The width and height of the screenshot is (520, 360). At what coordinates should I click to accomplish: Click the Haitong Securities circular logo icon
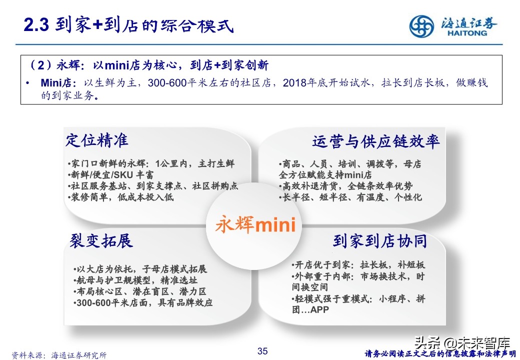coord(422,26)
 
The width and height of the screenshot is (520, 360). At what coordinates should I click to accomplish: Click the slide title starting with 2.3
coord(129,25)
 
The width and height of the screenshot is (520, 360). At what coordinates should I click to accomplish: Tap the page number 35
coord(262,351)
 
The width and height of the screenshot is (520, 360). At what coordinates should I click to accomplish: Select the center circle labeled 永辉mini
coord(255,224)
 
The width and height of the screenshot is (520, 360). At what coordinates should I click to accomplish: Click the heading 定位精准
coord(97,140)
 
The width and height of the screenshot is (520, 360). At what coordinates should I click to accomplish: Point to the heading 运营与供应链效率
coord(376,141)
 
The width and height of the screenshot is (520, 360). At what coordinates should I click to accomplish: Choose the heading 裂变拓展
coord(101,241)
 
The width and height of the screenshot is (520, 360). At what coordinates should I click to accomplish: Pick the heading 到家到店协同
coord(380,241)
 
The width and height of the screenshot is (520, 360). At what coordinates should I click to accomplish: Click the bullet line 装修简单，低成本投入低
coord(120,197)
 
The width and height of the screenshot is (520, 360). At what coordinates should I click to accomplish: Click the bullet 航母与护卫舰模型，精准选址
coord(134,280)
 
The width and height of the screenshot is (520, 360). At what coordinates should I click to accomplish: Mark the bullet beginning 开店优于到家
coord(358,265)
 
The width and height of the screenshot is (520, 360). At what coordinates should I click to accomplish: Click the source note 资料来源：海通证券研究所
coord(59,355)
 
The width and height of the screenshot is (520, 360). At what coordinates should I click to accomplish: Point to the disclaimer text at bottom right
coord(440,354)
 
